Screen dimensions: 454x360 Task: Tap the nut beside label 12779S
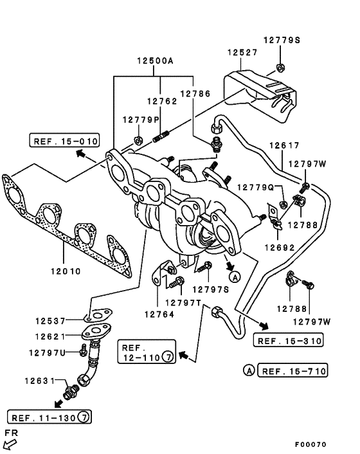tap(280, 66)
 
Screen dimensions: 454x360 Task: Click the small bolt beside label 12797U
tap(83, 351)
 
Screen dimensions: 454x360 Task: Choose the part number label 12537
tap(51, 320)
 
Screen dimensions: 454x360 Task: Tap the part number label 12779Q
tap(256, 187)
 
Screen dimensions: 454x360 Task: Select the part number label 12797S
tap(210, 289)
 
